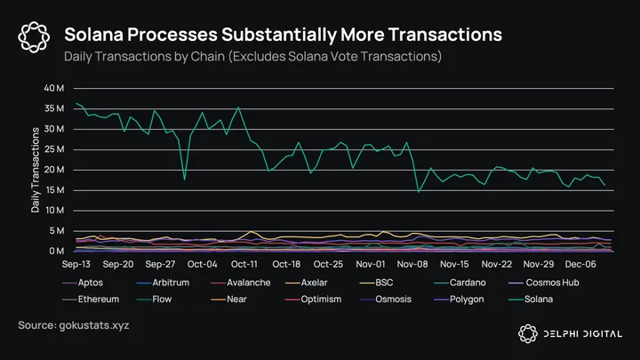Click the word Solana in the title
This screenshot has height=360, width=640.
click(x=97, y=35)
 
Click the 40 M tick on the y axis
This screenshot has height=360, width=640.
click(x=53, y=88)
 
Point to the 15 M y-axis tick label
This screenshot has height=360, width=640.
click(x=53, y=190)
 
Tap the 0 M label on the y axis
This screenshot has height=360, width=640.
click(x=57, y=252)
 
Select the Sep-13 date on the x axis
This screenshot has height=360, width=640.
click(x=76, y=264)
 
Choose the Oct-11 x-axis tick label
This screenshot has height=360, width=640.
click(x=244, y=264)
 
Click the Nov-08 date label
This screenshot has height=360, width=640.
click(x=413, y=264)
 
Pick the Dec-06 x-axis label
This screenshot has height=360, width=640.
click(x=581, y=264)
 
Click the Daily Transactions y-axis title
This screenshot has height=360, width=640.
click(x=36, y=170)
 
